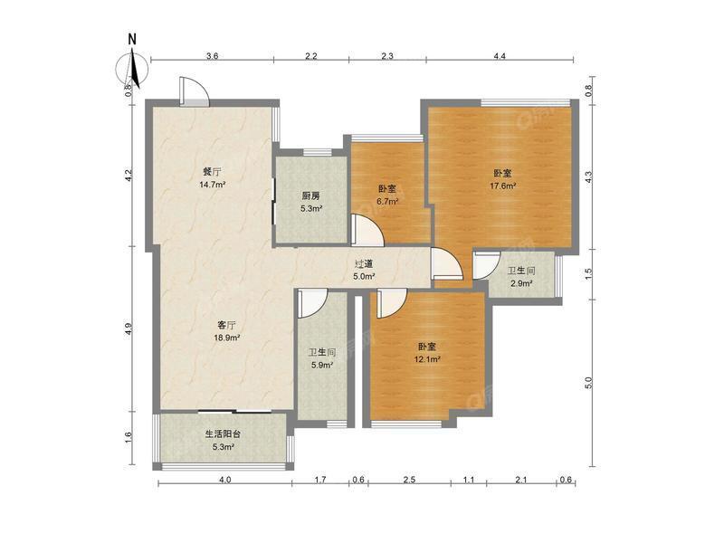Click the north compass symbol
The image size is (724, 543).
(x=132, y=68)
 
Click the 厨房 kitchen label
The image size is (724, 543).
(x=310, y=195)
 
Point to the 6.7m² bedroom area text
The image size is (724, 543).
(x=387, y=201)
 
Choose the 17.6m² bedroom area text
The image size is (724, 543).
(x=502, y=186)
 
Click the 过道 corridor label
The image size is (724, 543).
(x=364, y=264)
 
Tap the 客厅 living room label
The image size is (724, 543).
(x=226, y=325)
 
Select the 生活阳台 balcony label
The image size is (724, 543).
(x=223, y=434)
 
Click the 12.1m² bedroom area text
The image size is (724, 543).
(x=427, y=359)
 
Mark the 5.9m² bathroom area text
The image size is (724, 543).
(x=322, y=366)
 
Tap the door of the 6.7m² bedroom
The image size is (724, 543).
(x=367, y=230)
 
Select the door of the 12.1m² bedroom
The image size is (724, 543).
(x=392, y=303)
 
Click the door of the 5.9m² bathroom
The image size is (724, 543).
(x=312, y=304)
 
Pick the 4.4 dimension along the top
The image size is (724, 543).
(x=500, y=56)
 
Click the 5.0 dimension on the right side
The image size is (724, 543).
(x=588, y=382)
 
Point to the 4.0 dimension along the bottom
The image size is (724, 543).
(x=224, y=480)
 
